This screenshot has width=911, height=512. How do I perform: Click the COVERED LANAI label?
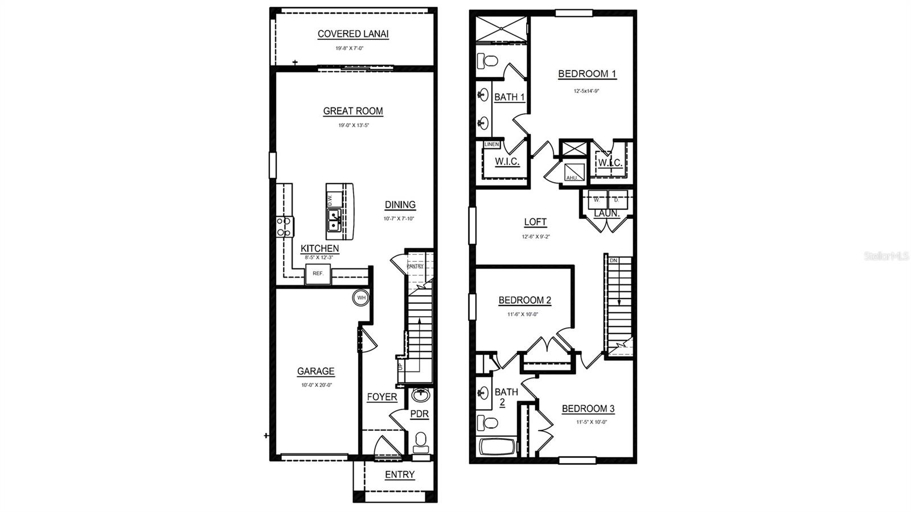pyautogui.click(x=353, y=34)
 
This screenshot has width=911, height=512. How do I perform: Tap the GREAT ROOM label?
pyautogui.click(x=353, y=111)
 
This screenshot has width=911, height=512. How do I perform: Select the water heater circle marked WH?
pyautogui.click(x=361, y=298)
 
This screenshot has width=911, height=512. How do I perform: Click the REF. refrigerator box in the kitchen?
pyautogui.click(x=318, y=274)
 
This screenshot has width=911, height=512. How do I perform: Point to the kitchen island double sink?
pyautogui.click(x=334, y=220)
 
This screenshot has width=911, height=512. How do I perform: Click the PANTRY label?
pyautogui.click(x=415, y=266)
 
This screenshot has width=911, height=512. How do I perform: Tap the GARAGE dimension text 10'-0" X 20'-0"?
pyautogui.click(x=317, y=385)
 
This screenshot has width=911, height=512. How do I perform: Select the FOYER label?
pyautogui.click(x=381, y=397)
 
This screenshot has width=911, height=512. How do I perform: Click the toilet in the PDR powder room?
pyautogui.click(x=421, y=440)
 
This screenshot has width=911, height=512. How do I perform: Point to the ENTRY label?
pyautogui.click(x=400, y=474)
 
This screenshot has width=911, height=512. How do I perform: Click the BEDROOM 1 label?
pyautogui.click(x=587, y=73)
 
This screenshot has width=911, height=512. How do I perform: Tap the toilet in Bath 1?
pyautogui.click(x=487, y=60)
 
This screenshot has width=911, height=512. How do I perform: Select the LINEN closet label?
pyautogui.click(x=491, y=144)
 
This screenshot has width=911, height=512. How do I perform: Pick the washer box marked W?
pyautogui.click(x=597, y=200)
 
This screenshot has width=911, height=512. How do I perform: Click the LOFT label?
pyautogui.click(x=535, y=222)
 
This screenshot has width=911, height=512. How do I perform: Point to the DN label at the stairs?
pyautogui.click(x=613, y=261)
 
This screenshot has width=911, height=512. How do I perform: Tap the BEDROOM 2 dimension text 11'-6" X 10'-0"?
pyautogui.click(x=523, y=314)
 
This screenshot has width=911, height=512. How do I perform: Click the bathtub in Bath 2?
pyautogui.click(x=496, y=447)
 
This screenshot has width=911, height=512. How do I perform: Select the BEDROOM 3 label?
pyautogui.click(x=588, y=408)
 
